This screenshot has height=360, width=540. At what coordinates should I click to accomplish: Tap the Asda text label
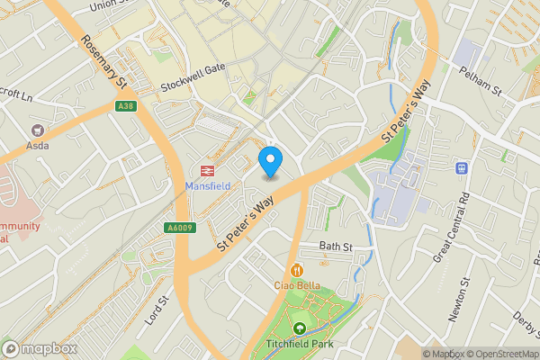pos(38,146)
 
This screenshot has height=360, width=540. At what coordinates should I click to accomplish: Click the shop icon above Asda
pos(38,131)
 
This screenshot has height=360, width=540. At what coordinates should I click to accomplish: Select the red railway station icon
pos(208,171)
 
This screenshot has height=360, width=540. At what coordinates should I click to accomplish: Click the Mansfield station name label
pos(208,186)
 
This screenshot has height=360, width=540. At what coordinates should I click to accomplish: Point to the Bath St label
pos(334,246)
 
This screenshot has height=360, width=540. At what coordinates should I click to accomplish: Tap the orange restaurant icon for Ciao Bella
pos(297,270)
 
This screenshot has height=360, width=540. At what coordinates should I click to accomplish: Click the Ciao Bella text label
pos(297,285)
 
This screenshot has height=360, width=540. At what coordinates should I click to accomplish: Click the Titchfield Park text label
pos(299,345)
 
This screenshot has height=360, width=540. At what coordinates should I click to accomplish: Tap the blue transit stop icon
pos(463,167)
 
